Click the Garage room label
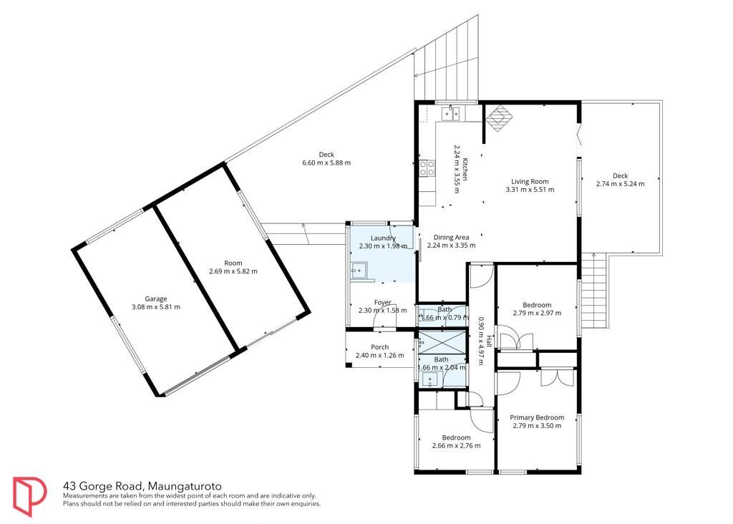(x=155, y=299)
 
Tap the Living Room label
(x=530, y=181)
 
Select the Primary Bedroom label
(x=537, y=417)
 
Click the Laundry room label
(x=383, y=238)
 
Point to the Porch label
(x=379, y=347)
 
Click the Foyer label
(x=382, y=302)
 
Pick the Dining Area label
(x=451, y=237)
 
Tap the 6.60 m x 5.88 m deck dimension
(x=326, y=162)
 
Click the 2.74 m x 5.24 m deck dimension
(x=620, y=184)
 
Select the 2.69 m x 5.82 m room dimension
(x=233, y=271)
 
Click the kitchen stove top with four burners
(x=427, y=168)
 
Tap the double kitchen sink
(x=451, y=113)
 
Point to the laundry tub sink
(x=359, y=270)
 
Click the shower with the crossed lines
(x=442, y=341)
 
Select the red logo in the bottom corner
(x=29, y=496)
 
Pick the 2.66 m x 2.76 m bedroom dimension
(x=456, y=445)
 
